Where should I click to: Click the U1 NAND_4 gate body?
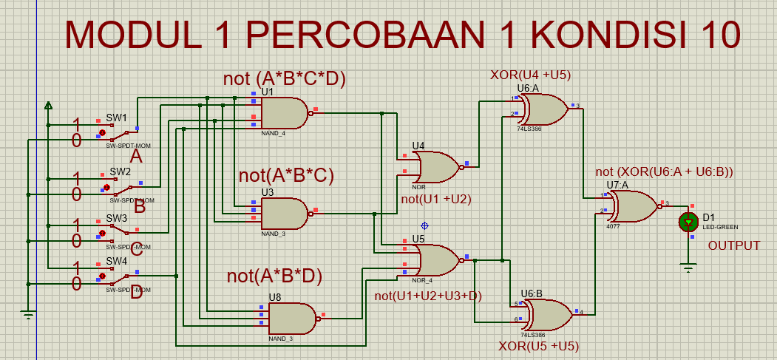click(284, 112)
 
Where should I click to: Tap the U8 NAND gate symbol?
click(291, 319)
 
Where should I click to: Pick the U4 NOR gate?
click(436, 167)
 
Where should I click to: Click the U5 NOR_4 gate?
click(436, 260)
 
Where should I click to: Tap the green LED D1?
click(689, 221)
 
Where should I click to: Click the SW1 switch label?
click(116, 118)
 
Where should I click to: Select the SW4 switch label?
click(116, 262)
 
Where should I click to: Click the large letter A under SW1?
click(135, 156)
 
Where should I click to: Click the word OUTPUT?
click(734, 245)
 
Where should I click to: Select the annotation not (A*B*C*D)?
click(285, 78)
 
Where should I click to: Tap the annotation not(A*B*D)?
click(275, 276)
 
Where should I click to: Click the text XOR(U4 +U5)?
click(530, 75)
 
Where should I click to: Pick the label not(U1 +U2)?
click(436, 198)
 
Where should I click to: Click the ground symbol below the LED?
click(689, 268)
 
